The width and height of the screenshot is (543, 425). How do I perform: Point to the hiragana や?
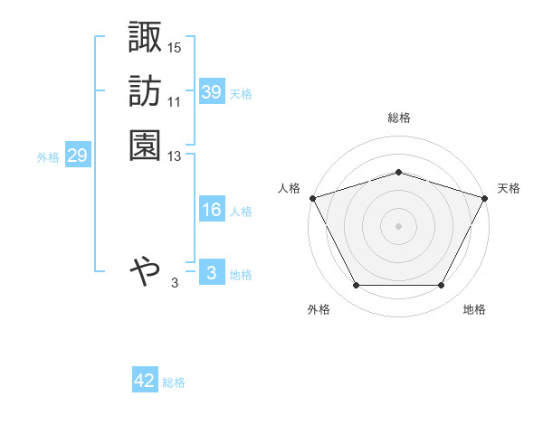click(145, 269)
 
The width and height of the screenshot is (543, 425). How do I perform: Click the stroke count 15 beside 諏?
click(175, 46)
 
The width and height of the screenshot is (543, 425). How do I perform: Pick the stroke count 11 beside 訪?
click(175, 101)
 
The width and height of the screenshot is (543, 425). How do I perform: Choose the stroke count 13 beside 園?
click(175, 156)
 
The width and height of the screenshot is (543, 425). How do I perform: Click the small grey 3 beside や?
click(175, 283)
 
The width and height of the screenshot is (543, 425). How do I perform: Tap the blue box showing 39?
click(211, 92)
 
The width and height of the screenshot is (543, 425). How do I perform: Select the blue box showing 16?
click(211, 210)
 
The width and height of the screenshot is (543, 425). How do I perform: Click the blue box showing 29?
click(77, 156)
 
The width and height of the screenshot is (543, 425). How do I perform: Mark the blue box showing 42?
click(145, 381)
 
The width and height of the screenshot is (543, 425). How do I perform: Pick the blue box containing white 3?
click(211, 273)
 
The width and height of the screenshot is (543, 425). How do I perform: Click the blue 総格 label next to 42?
click(174, 382)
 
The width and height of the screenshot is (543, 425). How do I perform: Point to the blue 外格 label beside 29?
click(48, 157)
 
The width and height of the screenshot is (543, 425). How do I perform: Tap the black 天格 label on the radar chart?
click(509, 188)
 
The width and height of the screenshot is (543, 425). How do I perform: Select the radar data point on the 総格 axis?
click(398, 172)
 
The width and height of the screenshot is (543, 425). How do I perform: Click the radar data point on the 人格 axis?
click(313, 198)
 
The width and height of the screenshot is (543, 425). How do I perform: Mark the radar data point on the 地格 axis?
click(442, 286)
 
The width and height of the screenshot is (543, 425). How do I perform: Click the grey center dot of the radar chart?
click(398, 226)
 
